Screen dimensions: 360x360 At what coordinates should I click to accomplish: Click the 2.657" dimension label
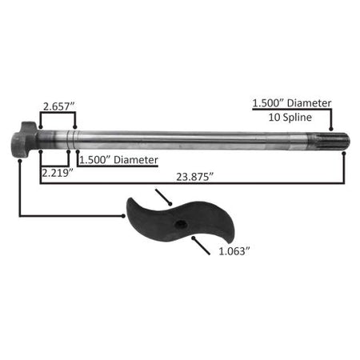coord(58,106)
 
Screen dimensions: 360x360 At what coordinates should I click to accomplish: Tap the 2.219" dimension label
coord(58,173)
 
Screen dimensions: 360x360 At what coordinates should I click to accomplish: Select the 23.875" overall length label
coord(195,177)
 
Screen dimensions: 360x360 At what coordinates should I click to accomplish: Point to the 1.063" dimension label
coord(234,251)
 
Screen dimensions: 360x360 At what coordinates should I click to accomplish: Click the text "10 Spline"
coord(290,118)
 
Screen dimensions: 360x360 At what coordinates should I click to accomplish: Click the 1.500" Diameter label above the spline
coord(292,103)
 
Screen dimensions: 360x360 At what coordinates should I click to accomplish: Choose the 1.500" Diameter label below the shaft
coord(118,160)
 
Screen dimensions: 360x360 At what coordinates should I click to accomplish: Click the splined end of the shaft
coord(329,141)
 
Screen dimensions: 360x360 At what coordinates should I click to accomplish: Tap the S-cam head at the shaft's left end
coord(23,140)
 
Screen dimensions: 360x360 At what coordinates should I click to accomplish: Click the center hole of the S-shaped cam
coord(181,225)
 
